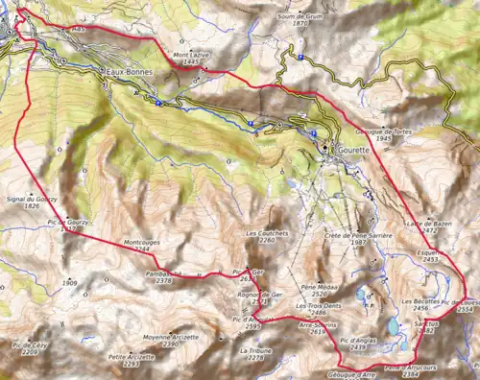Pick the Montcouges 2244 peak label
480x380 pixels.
(142, 245)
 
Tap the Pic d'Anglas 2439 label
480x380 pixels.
(356, 344)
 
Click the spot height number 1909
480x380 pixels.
(68, 284)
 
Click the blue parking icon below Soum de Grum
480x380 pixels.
(300, 58)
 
